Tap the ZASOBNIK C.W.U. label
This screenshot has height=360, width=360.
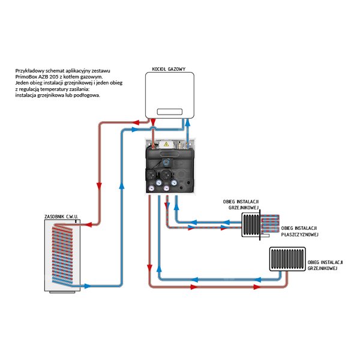(x=62, y=216)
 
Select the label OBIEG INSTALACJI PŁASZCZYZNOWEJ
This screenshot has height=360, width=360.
(x=299, y=232)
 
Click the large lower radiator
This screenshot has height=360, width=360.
(x=286, y=260)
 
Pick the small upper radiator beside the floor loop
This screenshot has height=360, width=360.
(x=251, y=226)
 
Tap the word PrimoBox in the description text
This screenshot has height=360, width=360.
(x=28, y=77)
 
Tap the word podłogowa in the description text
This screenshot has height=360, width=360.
(x=88, y=95)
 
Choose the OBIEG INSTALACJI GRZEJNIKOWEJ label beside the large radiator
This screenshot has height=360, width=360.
(x=325, y=266)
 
